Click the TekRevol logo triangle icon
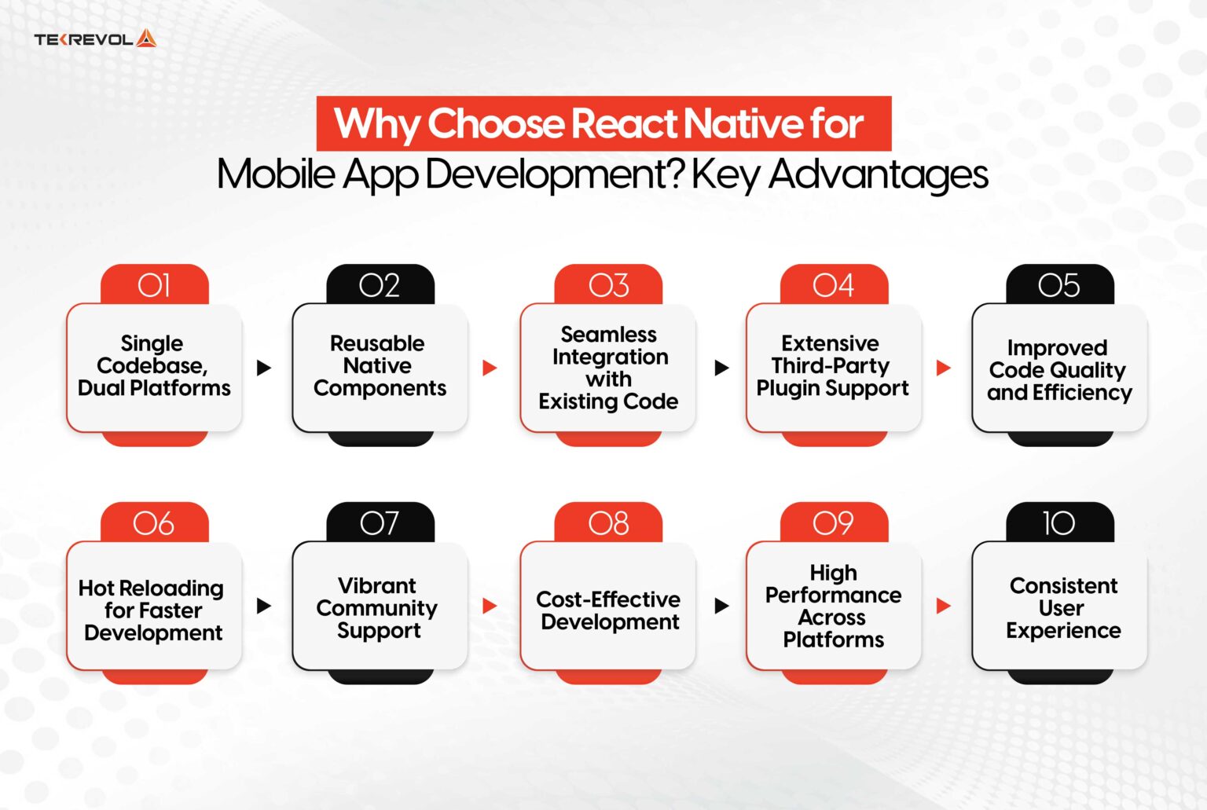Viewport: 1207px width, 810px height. [x=146, y=38]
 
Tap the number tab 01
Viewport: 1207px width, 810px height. [x=155, y=284]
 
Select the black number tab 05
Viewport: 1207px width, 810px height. [x=1060, y=284]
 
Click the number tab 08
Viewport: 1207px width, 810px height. [x=608, y=522]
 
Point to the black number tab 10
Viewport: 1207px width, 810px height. [x=1060, y=522]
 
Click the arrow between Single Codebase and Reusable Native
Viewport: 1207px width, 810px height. [x=264, y=368]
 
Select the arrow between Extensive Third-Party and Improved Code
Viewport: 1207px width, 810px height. [x=944, y=368]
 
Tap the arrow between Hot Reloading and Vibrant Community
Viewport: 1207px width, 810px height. [x=264, y=606]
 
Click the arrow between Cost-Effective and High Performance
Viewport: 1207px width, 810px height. [x=722, y=606]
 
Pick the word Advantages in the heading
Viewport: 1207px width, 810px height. [x=879, y=175]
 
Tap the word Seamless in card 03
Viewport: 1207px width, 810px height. [x=609, y=335]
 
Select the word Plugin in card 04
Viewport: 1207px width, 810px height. [x=787, y=389]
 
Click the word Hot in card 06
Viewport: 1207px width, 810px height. [x=96, y=588]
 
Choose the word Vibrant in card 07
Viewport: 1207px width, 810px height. [x=377, y=585]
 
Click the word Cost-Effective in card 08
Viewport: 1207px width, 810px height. [x=608, y=599]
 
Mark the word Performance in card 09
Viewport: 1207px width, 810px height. [x=834, y=595]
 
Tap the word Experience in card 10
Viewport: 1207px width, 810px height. [x=1064, y=631]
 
